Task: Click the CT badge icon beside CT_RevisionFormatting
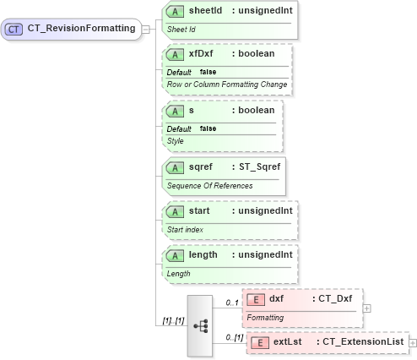pyautogui.click(x=14, y=29)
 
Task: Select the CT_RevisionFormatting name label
pyautogui.click(x=81, y=29)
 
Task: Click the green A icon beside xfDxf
pyautogui.click(x=176, y=54)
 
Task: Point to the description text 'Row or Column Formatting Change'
pyautogui.click(x=227, y=84)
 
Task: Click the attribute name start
pyautogui.click(x=198, y=209)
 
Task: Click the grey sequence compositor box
pyautogui.click(x=200, y=325)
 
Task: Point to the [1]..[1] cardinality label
pyautogui.click(x=174, y=321)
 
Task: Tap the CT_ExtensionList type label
pyautogui.click(x=360, y=342)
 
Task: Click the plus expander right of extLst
pyautogui.click(x=412, y=342)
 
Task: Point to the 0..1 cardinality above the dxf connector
pyautogui.click(x=231, y=302)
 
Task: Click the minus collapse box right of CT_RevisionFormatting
pyautogui.click(x=146, y=29)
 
